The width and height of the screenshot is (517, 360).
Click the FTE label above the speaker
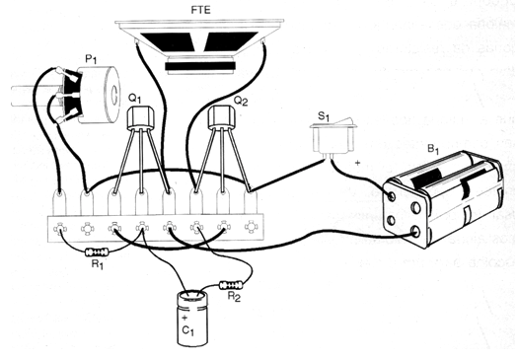(200, 10)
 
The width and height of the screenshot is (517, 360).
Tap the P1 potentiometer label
(91, 59)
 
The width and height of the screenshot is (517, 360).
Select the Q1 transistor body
(141, 117)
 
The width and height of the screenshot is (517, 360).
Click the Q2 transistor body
(222, 117)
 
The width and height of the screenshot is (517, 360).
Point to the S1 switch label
(324, 116)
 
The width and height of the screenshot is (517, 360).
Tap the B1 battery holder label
(433, 149)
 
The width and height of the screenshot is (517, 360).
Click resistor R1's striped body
(97, 252)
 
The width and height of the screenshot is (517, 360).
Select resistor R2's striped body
(232, 284)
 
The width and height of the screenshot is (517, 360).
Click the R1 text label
(98, 264)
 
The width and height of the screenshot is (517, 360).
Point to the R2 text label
(235, 297)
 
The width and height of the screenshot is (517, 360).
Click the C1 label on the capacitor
(187, 330)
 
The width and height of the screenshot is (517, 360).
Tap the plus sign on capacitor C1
(185, 318)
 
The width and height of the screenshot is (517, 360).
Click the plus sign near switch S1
(357, 163)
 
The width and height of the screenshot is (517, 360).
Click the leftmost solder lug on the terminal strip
(59, 202)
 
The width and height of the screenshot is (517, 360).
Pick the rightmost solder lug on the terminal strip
(251, 202)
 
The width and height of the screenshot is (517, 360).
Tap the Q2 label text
(241, 101)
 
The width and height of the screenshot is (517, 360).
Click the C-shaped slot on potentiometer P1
(112, 95)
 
